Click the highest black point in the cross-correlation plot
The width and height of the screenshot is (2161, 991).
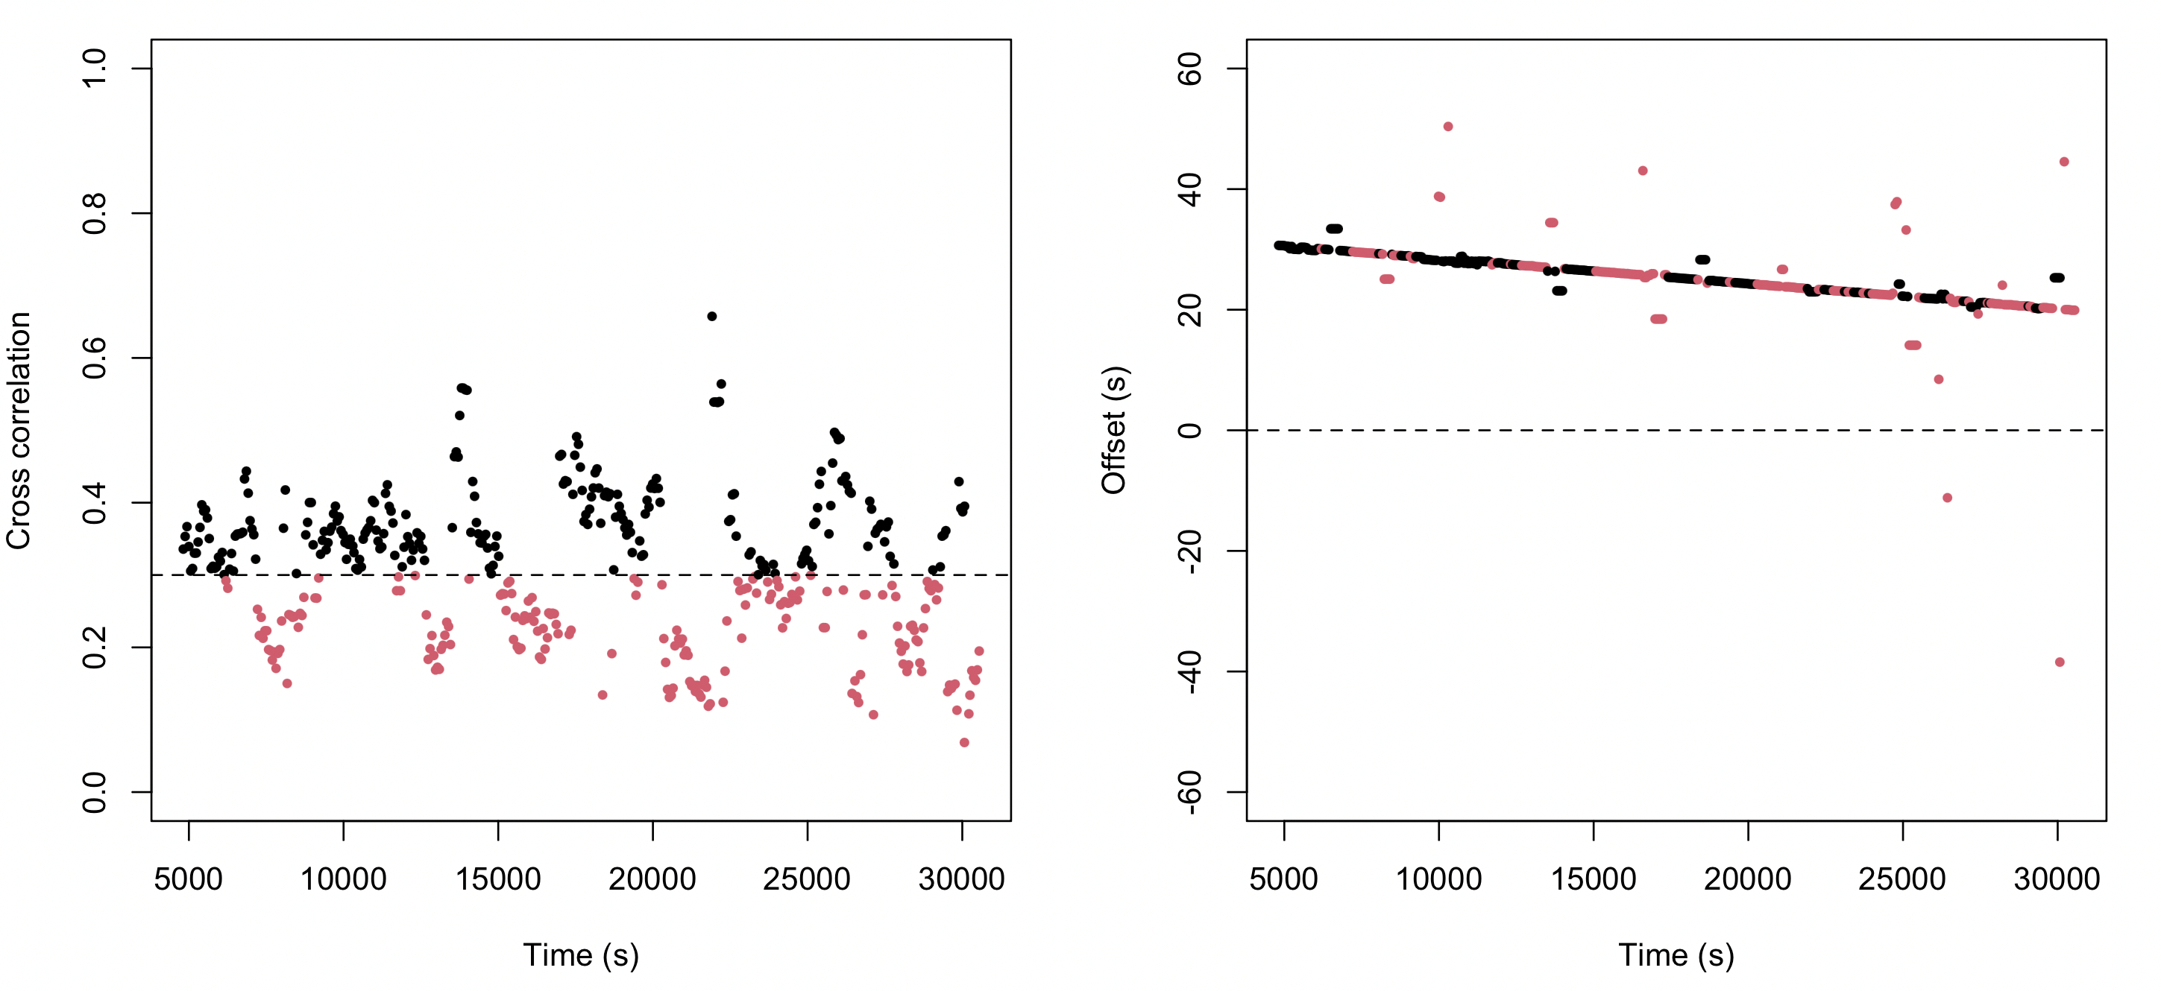point(711,316)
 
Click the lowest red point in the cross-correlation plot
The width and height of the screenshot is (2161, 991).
point(964,742)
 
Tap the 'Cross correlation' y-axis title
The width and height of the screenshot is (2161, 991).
point(19,430)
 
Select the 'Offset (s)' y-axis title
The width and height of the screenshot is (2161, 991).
point(1113,430)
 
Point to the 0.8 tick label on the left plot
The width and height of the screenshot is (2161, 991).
point(94,213)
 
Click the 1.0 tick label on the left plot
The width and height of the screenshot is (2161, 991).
point(94,68)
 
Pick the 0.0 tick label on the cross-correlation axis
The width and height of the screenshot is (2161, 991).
point(94,791)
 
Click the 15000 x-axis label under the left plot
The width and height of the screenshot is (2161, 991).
point(497,879)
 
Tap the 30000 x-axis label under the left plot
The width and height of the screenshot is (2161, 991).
point(961,879)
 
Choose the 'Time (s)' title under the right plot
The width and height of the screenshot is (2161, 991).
point(1676,955)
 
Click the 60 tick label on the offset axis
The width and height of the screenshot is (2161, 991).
point(1189,68)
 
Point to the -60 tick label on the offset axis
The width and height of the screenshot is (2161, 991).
point(1189,791)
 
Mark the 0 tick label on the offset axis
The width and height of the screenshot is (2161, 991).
point(1189,430)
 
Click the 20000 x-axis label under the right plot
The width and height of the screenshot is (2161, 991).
point(1747,879)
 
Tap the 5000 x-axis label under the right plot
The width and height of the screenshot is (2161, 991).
point(1283,879)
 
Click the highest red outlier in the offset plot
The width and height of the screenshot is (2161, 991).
point(1448,127)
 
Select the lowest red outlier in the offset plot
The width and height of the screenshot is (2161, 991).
point(2060,662)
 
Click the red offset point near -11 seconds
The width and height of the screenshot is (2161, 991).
point(1947,498)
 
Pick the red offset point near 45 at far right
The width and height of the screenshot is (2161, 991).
point(2064,162)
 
